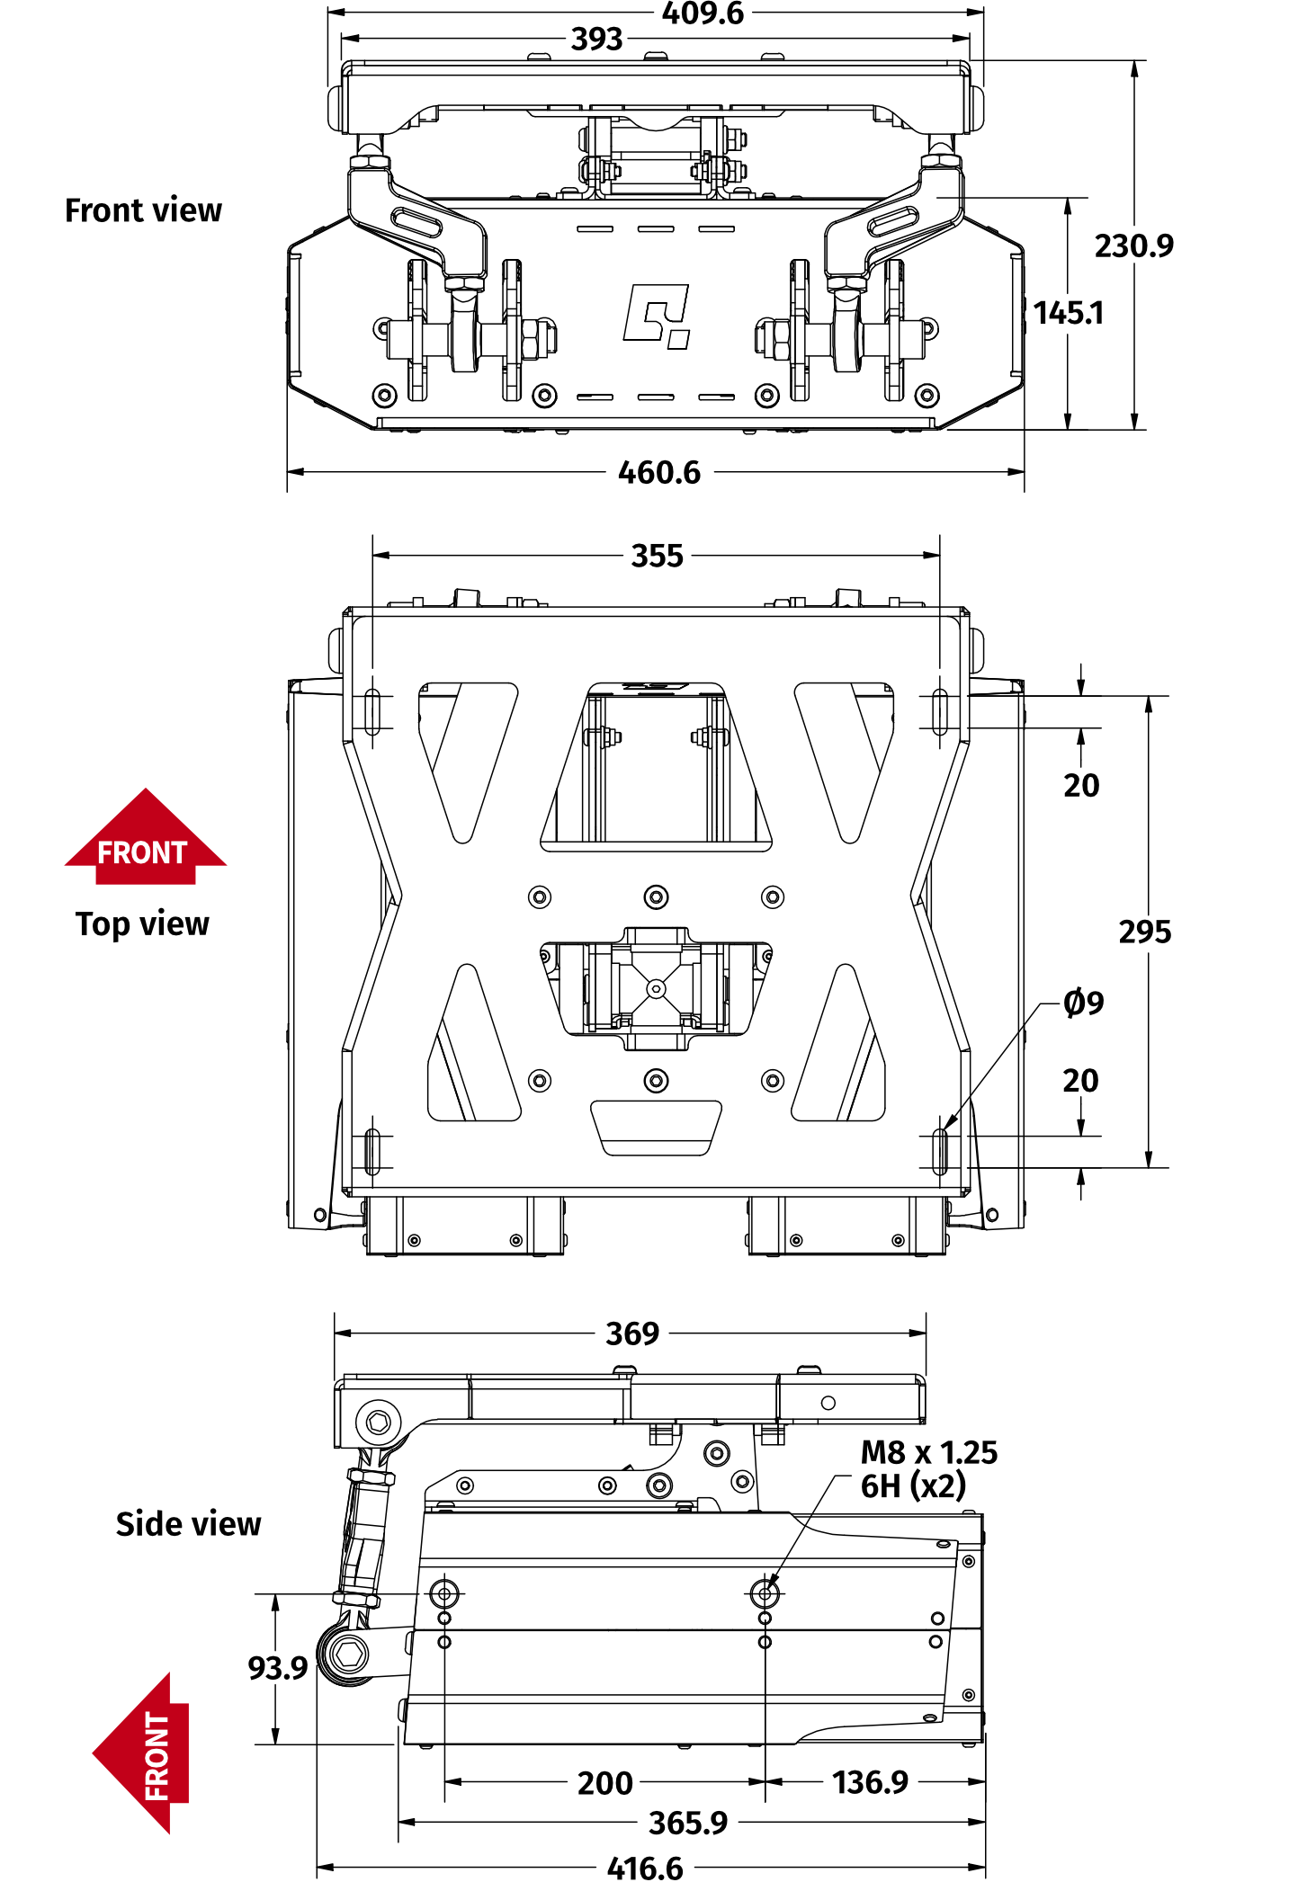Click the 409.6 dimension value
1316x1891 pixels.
(703, 13)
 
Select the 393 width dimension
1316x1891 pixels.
(596, 40)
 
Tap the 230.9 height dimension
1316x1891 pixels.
(1133, 245)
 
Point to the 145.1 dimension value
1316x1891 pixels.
(1068, 313)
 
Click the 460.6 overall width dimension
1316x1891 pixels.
(658, 473)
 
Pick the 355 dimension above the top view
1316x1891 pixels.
(657, 556)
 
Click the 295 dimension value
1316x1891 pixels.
(1144, 932)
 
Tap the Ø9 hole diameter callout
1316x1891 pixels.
(1083, 1003)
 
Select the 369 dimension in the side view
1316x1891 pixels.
(631, 1334)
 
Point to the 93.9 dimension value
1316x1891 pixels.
(277, 1668)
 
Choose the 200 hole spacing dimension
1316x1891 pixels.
(604, 1783)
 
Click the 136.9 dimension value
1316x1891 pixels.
(869, 1782)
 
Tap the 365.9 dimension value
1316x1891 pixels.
(687, 1823)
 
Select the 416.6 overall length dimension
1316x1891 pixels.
(644, 1869)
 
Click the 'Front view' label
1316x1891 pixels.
(143, 210)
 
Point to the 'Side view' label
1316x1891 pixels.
(188, 1524)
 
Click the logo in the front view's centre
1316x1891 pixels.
(657, 316)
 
